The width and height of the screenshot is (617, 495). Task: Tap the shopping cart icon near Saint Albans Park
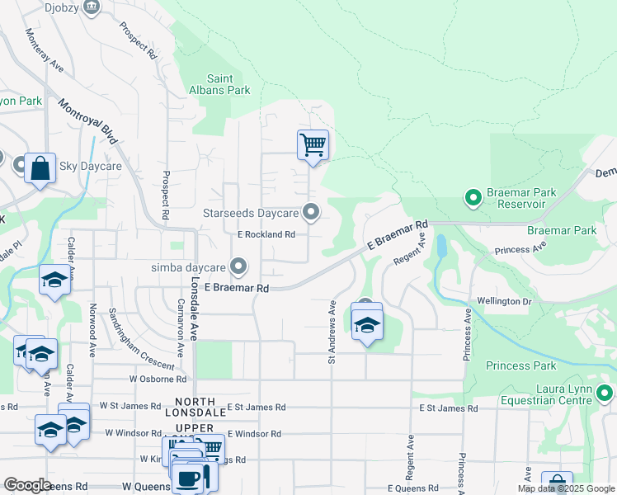point(313,145)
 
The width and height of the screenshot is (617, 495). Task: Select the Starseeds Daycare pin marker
point(311,213)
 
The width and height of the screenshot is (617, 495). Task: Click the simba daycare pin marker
point(238,266)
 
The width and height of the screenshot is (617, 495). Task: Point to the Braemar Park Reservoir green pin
point(473,198)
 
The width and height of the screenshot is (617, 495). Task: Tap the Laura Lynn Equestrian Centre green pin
point(605,394)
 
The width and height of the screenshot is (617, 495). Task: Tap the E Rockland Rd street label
point(266,234)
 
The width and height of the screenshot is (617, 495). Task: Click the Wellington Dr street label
point(502,302)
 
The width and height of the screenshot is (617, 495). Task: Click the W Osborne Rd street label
point(158,379)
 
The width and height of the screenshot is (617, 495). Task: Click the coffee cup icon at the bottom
point(187,478)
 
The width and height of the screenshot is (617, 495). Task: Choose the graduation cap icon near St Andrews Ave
point(367,324)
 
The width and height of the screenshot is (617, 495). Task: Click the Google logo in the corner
point(27,485)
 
